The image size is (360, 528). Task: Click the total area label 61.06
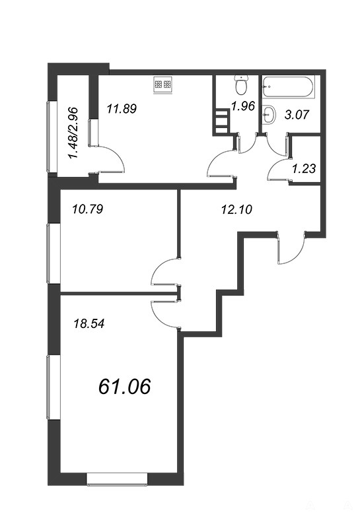[124, 386]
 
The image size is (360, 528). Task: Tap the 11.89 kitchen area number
[122, 109]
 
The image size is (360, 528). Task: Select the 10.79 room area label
[87, 209]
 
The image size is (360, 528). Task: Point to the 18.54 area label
[89, 324]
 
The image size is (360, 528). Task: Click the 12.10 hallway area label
[236, 210]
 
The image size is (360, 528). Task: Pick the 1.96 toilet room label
[242, 106]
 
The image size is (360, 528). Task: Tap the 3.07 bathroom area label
[297, 115]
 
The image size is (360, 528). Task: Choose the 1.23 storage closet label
[304, 168]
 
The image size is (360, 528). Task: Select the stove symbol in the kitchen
[163, 84]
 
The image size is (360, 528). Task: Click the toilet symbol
[241, 85]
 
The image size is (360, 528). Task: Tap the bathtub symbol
[289, 87]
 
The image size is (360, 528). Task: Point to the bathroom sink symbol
[269, 114]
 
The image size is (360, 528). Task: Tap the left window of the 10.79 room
[52, 253]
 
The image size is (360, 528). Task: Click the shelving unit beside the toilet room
[221, 121]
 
